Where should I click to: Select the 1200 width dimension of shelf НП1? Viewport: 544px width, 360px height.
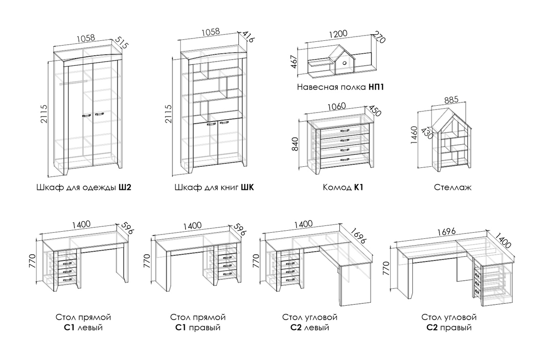338,34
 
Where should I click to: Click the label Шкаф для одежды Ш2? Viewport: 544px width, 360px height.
84,187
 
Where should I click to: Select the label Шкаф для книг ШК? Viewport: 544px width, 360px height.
214,187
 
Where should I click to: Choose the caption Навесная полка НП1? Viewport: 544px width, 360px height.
342,88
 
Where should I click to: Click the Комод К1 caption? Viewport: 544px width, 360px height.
343,187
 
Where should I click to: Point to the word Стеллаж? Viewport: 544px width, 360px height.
452,187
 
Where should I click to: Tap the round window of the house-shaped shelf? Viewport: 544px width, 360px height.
344,62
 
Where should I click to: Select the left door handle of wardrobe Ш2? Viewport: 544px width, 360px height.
87,115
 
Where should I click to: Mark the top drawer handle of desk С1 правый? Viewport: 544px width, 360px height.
223,256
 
